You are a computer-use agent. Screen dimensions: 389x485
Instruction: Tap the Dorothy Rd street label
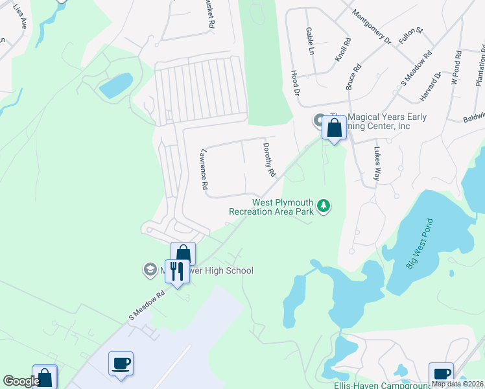tap(269, 160)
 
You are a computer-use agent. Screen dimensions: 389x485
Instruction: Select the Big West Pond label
tap(419, 244)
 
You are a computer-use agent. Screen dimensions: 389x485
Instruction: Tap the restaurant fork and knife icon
tap(176, 270)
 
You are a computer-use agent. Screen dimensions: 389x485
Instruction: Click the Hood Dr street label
tap(296, 84)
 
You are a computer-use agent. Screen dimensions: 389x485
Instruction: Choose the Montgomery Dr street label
tap(372, 27)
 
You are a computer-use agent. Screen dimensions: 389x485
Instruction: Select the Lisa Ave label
tap(24, 20)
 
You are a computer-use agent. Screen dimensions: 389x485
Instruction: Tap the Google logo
tap(21, 381)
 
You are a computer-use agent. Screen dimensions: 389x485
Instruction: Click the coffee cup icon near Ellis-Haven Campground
tap(442, 373)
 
